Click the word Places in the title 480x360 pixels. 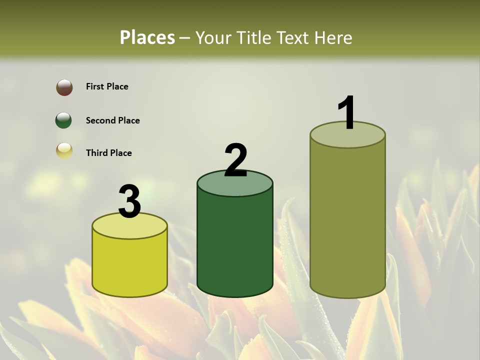pyautogui.click(x=147, y=37)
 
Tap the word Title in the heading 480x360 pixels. pyautogui.click(x=255, y=37)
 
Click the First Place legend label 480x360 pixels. pyautogui.click(x=107, y=86)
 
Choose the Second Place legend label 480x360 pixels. pyautogui.click(x=112, y=120)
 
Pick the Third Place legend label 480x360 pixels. pyautogui.click(x=108, y=153)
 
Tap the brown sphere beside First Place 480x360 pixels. pyautogui.click(x=64, y=87)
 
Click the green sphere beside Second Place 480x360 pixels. pyautogui.click(x=64, y=120)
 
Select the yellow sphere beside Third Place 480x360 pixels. pyautogui.click(x=64, y=150)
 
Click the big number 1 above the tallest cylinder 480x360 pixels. pyautogui.click(x=346, y=112)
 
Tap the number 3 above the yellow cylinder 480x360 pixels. pyautogui.click(x=130, y=201)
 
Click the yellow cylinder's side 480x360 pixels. pyautogui.click(x=130, y=265)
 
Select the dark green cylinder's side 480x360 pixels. pyautogui.click(x=235, y=245)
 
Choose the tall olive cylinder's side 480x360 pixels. pyautogui.click(x=347, y=220)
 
